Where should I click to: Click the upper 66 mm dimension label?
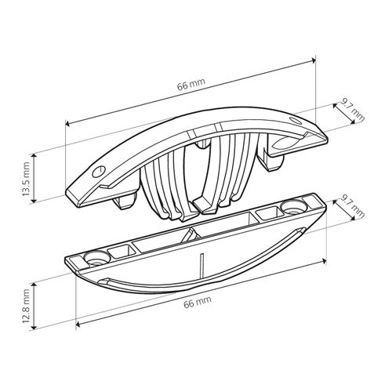[x=191, y=84]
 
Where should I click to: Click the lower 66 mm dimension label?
[x=198, y=302]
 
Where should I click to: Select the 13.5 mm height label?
[x=26, y=179]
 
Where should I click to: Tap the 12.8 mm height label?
[x=26, y=306]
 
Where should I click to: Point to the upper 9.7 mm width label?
[x=353, y=111]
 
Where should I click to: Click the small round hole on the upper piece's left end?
[x=99, y=172]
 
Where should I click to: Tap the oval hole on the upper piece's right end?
[x=296, y=120]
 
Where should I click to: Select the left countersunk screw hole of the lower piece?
[x=96, y=257]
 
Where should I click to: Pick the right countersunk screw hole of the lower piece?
[x=293, y=207]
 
